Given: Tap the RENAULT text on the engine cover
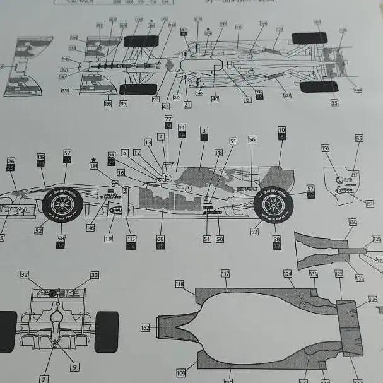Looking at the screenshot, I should pos(247,188).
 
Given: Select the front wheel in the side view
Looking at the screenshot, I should pos(62,204).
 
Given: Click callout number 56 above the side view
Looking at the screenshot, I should pos(252,139).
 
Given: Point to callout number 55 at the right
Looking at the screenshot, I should pos(359,138).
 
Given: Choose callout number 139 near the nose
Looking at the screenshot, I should pos(41,156).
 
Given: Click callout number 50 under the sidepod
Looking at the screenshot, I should pos(220,239).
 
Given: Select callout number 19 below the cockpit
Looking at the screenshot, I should pos(109,239).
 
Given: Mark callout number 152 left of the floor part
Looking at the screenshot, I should pos(145,328).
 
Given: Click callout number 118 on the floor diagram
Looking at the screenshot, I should pos(180,285).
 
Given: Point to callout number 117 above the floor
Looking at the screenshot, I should pos(225,273).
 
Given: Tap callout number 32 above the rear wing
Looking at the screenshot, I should pos(25,275).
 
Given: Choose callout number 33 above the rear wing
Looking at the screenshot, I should pos(95,275).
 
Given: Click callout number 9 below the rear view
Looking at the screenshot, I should pos(74,367).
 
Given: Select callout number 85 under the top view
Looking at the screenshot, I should pos(124,103).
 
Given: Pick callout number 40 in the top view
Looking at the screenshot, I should pos(215,98).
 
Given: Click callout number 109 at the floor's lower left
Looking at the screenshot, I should pos(181,373).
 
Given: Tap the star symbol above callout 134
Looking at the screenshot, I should pos(94,159).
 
